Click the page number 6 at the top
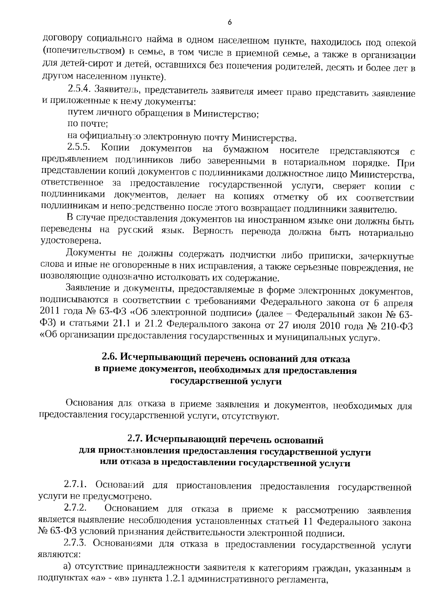click(230, 23)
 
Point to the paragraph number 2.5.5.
click(80, 147)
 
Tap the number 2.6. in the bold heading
click(109, 358)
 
